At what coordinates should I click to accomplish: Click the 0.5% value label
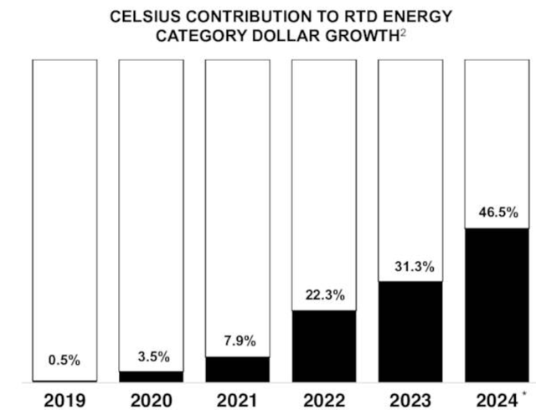point(64,361)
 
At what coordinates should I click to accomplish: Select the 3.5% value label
point(151,356)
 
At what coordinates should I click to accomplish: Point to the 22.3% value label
point(323,295)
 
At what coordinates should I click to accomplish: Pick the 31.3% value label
point(410,267)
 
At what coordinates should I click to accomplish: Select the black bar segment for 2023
point(410,332)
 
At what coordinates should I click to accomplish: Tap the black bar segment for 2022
point(323,346)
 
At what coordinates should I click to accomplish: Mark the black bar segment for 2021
point(237,369)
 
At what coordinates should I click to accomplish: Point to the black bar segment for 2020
point(151,377)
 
